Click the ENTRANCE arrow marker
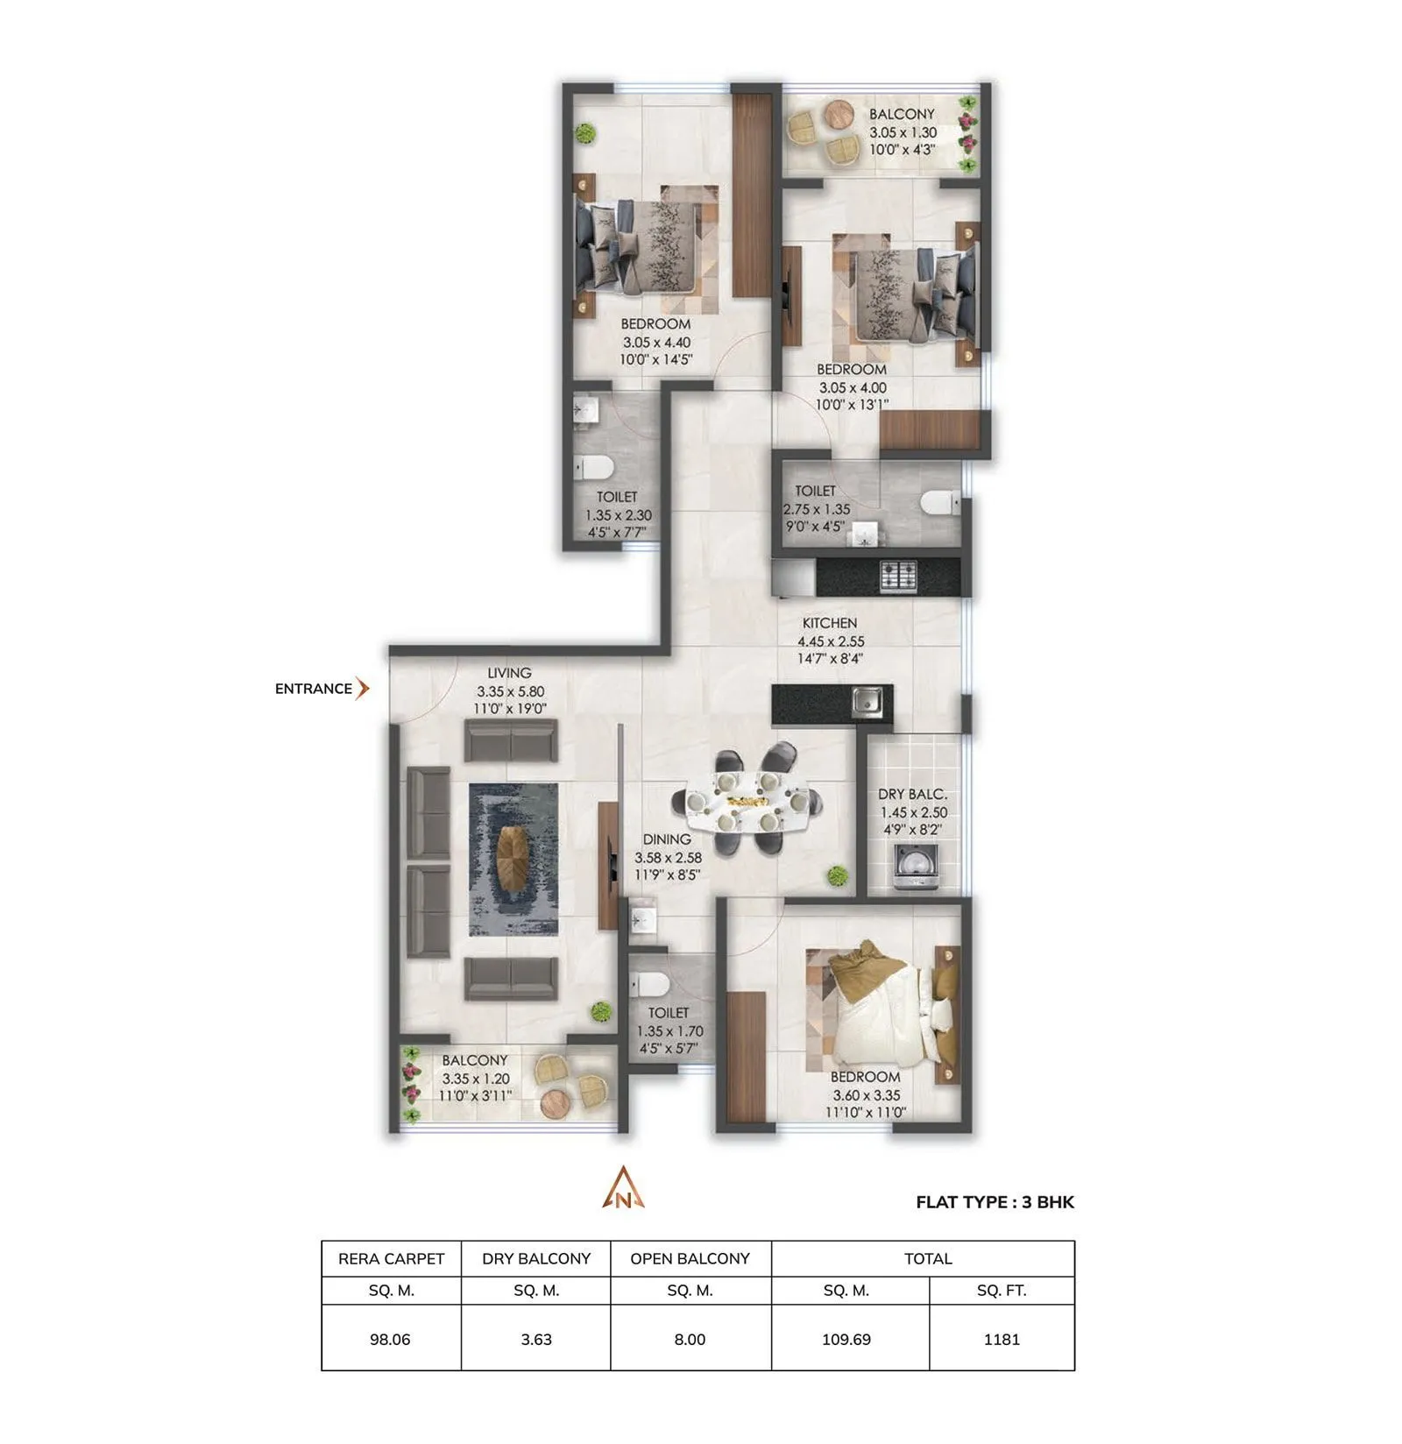(x=362, y=689)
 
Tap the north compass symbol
(x=623, y=1190)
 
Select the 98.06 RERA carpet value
(x=390, y=1339)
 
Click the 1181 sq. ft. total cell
(x=1001, y=1339)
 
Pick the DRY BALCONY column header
(x=536, y=1258)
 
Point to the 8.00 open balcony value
(x=690, y=1339)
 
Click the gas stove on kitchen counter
(x=898, y=575)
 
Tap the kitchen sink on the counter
(x=867, y=700)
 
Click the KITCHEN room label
(x=829, y=623)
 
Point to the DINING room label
(x=667, y=839)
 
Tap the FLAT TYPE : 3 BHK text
(x=995, y=1202)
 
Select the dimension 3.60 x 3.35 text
(x=866, y=1095)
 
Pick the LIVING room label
(x=509, y=673)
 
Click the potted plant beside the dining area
(x=838, y=875)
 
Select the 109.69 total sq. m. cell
(x=846, y=1339)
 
